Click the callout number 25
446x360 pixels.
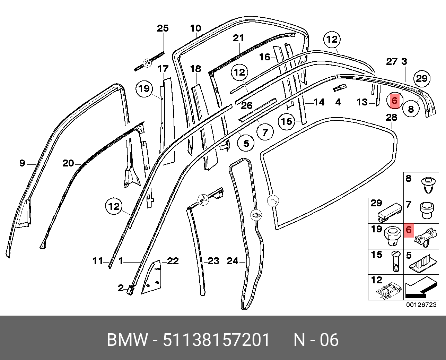click(163, 28)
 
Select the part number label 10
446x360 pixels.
click(195, 28)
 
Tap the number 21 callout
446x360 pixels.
click(238, 38)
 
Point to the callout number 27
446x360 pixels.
click(392, 62)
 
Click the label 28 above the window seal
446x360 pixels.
click(391, 117)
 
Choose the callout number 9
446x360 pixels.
click(22, 163)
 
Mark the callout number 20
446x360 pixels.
click(68, 163)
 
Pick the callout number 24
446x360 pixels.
click(233, 261)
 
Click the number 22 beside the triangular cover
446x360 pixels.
click(173, 261)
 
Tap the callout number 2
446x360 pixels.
click(121, 288)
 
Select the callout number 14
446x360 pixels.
click(319, 102)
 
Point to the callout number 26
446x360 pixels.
click(246, 105)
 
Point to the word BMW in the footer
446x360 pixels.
click(127, 340)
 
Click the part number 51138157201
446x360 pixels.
click(216, 340)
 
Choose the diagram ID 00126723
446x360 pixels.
click(421, 305)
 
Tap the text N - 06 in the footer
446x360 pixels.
click(316, 340)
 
